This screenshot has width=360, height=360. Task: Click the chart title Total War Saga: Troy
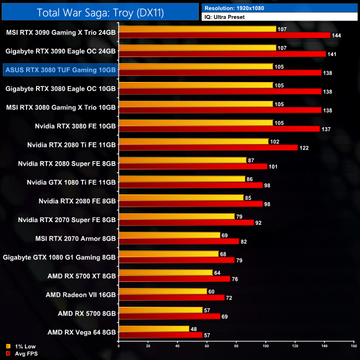100,12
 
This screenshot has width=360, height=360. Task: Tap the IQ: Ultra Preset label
224,17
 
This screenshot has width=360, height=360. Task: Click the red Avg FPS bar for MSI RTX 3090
224,35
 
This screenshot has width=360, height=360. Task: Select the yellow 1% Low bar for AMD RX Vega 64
154,328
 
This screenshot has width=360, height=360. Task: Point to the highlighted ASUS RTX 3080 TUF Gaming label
60,70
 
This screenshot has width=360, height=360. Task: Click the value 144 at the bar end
336,35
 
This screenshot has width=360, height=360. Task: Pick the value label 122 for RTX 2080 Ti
304,148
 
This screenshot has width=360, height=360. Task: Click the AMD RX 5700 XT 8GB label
81,276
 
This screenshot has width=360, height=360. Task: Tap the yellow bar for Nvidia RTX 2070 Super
177,217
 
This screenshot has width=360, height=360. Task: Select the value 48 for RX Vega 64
193,328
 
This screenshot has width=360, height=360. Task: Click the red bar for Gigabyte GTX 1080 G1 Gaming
177,260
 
